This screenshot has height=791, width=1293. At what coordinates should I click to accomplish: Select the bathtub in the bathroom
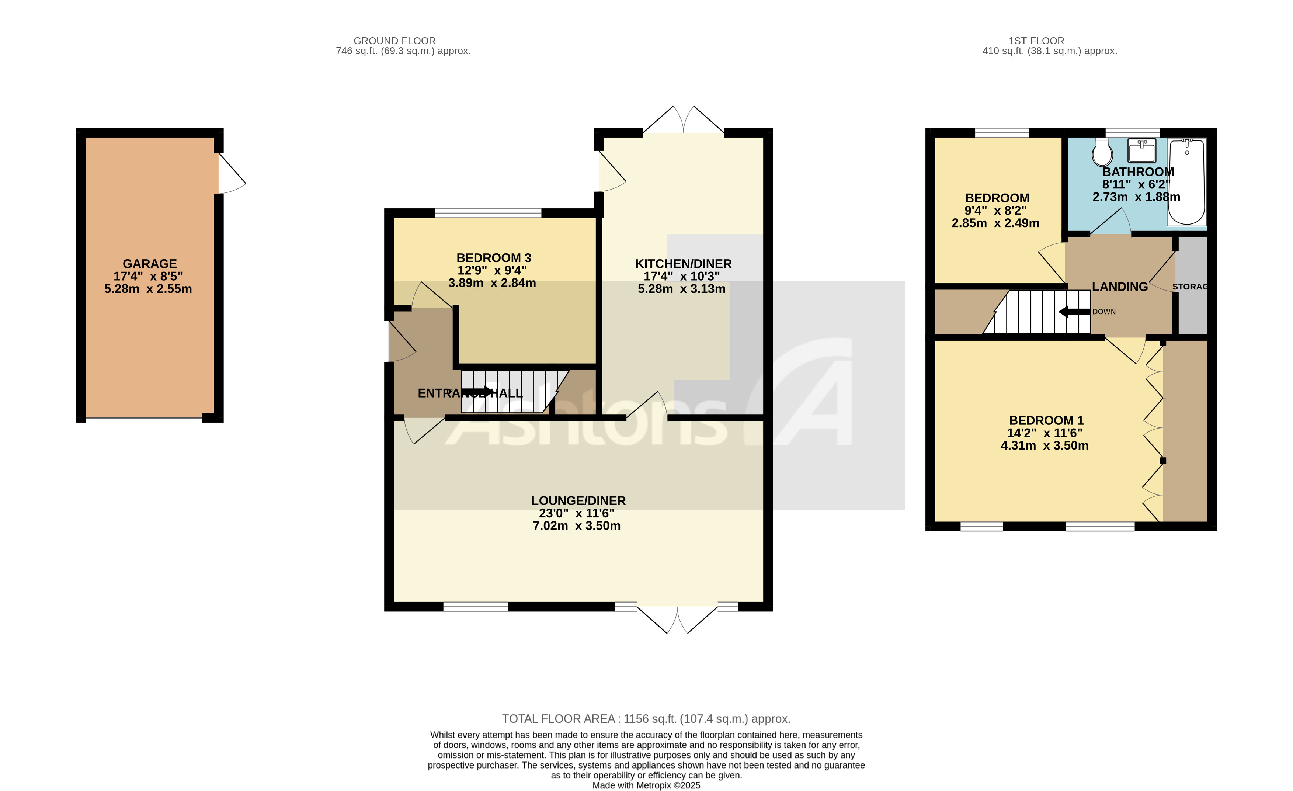click(x=1186, y=181)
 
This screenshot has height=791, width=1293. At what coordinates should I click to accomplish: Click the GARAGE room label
click(x=150, y=264)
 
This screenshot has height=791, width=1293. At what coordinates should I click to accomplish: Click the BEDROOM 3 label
click(x=493, y=258)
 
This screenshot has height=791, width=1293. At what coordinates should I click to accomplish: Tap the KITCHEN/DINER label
click(x=683, y=264)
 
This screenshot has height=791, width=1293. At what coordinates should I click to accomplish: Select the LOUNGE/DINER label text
click(x=578, y=501)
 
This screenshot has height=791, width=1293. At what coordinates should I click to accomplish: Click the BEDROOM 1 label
click(x=1046, y=420)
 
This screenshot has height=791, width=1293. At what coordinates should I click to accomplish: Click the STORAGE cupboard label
click(x=1190, y=287)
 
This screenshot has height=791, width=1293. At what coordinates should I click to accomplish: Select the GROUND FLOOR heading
click(x=394, y=41)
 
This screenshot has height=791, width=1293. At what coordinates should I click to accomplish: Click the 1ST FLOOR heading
click(x=1036, y=41)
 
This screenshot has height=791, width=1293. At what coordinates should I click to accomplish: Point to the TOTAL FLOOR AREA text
click(x=646, y=719)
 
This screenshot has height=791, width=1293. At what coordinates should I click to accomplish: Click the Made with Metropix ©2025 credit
click(x=646, y=785)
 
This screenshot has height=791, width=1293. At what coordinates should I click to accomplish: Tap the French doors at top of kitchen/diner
click(x=683, y=120)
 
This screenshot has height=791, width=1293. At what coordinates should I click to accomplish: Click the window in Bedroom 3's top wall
click(x=488, y=212)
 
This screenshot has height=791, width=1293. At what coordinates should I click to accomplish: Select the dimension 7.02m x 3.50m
click(x=576, y=526)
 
